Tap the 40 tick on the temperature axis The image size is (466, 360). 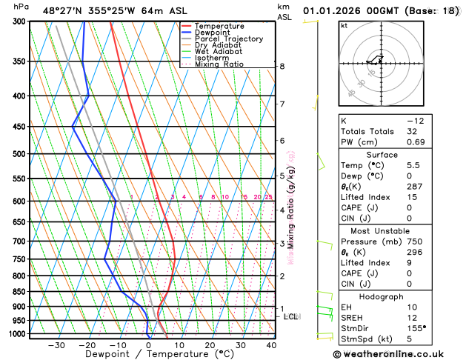(271, 344)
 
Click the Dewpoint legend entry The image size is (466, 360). (213, 33)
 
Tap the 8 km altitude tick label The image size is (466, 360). (282, 66)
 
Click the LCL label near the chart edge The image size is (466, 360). (291, 316)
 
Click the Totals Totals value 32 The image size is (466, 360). (413, 131)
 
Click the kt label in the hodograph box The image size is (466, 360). (344, 25)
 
